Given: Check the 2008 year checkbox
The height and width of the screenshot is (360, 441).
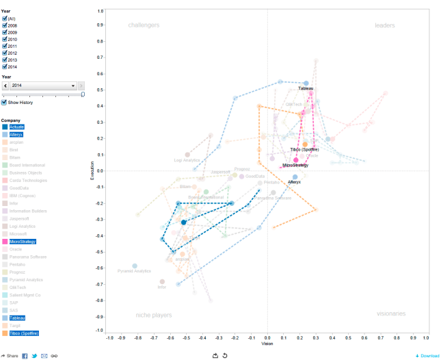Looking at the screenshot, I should [5, 25].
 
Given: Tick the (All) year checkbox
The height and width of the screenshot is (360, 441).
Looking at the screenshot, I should [5, 18].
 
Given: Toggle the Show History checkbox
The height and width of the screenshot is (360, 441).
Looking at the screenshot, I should [5, 102].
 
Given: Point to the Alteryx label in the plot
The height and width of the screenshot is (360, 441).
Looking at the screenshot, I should [294, 182].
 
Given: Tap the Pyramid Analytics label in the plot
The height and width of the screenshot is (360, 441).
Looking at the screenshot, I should [134, 271].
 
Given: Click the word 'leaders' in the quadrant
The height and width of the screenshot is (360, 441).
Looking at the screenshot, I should [385, 25].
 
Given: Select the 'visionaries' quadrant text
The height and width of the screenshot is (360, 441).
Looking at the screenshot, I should [391, 313].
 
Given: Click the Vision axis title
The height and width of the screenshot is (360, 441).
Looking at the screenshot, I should [267, 343].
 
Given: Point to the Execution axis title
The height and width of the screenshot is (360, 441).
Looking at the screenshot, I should [92, 170].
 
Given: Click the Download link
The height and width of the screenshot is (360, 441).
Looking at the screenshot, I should [427, 356].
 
